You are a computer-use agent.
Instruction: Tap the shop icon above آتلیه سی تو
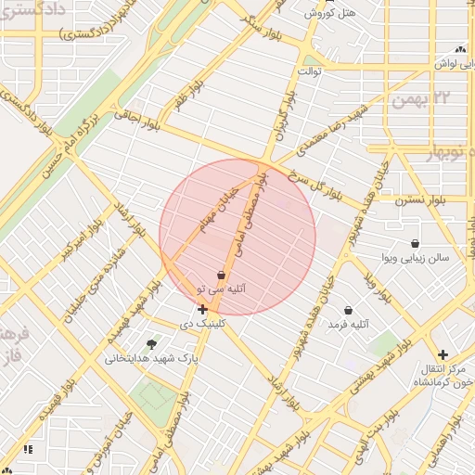[x=221, y=275]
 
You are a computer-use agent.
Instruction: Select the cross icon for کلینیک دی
[x=202, y=309]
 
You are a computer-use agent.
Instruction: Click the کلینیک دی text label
[x=202, y=325]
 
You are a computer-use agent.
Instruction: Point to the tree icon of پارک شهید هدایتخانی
[x=151, y=344]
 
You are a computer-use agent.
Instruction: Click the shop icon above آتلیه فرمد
[x=348, y=310]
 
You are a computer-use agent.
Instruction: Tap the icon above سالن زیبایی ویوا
[x=414, y=242]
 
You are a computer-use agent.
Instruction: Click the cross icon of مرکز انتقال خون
[x=443, y=354]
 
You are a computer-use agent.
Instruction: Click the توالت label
[x=308, y=71]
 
